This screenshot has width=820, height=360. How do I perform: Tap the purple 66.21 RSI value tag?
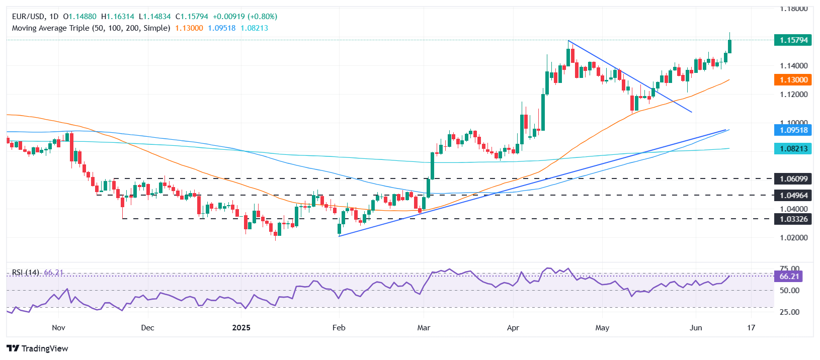[789, 276]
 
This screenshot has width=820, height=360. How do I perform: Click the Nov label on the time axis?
[58, 328]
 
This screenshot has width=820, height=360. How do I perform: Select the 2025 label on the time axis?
[241, 328]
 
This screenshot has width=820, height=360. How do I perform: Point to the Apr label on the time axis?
[513, 328]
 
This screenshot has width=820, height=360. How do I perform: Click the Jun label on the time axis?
[696, 328]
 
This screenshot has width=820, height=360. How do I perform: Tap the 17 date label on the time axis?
[751, 328]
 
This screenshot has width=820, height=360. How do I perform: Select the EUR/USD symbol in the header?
[28, 17]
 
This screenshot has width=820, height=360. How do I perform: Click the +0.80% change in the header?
[262, 17]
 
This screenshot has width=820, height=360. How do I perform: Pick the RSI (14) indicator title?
[25, 273]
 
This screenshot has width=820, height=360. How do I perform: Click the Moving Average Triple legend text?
[91, 28]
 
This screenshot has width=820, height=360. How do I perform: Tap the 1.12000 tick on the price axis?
[794, 95]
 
